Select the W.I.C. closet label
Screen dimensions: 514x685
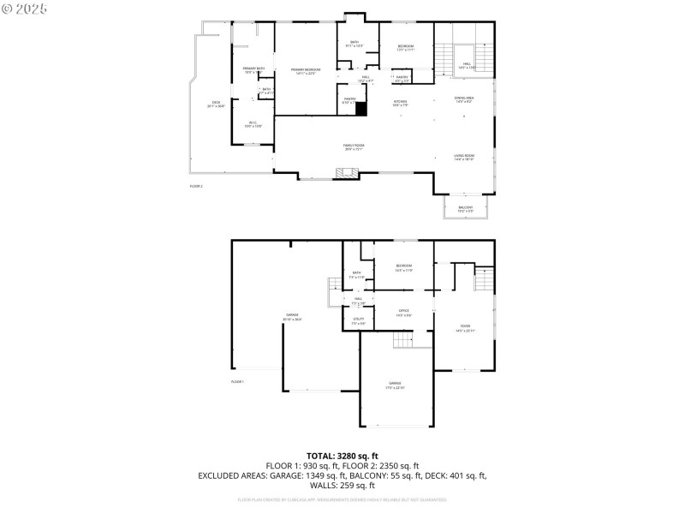click(253, 124)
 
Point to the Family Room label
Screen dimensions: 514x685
click(354, 147)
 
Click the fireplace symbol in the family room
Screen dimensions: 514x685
click(347, 173)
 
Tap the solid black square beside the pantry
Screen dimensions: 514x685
click(361, 109)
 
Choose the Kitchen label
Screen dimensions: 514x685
click(400, 103)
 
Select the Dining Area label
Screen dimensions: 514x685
click(464, 100)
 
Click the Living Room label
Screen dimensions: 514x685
click(464, 158)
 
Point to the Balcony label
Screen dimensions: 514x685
click(466, 209)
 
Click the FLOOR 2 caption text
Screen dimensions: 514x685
click(196, 186)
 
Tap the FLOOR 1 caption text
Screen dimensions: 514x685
click(237, 381)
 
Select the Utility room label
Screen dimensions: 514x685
click(359, 321)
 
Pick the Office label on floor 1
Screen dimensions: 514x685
click(403, 313)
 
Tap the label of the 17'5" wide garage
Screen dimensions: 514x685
click(395, 385)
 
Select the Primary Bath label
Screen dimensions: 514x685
click(253, 70)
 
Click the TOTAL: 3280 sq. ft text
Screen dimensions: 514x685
click(342, 456)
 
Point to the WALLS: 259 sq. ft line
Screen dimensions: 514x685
click(342, 485)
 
